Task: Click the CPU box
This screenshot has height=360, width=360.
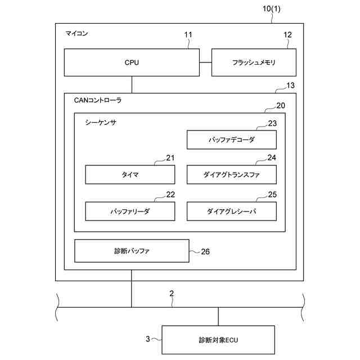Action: click(132, 62)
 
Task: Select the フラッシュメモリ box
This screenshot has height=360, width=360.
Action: click(253, 62)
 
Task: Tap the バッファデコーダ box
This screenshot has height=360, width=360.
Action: click(231, 139)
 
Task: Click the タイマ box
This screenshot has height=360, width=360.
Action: click(130, 175)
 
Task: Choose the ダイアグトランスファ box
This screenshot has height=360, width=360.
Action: click(231, 175)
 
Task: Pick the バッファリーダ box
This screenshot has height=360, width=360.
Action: click(130, 211)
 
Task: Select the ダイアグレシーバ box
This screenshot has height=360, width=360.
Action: click(231, 211)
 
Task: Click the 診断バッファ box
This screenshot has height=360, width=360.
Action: click(132, 251)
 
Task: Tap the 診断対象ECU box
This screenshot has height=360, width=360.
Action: click(218, 340)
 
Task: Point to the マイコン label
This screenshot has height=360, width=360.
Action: click(77, 34)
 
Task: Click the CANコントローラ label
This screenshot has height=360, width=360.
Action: click(98, 101)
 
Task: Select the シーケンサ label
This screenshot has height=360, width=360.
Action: click(101, 121)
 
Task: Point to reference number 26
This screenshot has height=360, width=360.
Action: click(205, 251)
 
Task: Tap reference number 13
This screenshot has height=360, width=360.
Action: click(290, 85)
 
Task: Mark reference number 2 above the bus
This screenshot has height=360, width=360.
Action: click(172, 293)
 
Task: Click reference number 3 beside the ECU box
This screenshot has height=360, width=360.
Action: click(148, 339)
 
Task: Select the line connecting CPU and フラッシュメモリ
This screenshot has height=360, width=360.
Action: click(205, 62)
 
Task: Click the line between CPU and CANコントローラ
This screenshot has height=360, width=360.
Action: click(132, 84)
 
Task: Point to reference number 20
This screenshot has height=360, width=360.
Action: click(280, 106)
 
